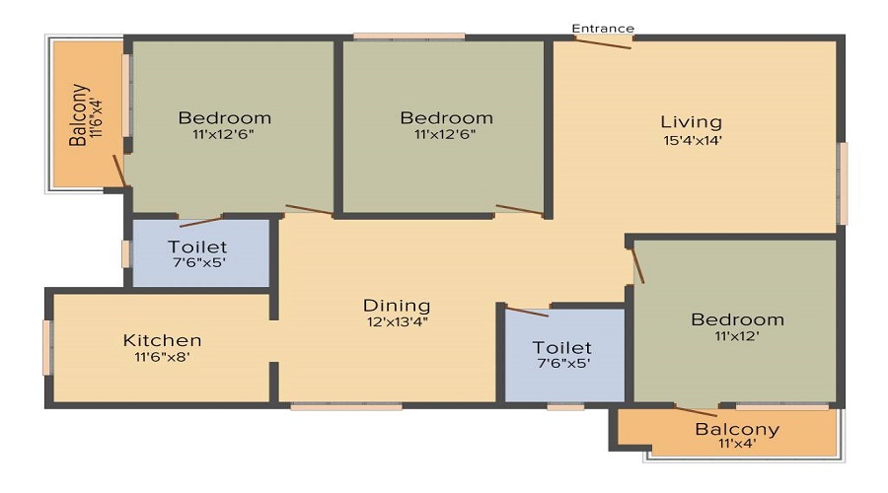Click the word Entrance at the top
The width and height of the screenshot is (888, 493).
coord(603,29)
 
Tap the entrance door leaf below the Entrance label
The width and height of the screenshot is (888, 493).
coord(603,43)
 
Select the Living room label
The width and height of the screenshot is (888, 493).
coord(691,122)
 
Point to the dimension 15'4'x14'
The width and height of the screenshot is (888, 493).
coord(693,140)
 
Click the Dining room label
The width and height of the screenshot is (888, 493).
coord(397,306)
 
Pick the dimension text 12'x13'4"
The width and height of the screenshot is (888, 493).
coord(397,322)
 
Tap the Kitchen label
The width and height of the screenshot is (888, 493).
coord(162,340)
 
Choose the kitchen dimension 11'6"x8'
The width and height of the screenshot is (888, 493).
coord(162,357)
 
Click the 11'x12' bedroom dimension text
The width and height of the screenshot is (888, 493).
coord(737,336)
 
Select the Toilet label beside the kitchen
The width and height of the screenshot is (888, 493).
coord(197,246)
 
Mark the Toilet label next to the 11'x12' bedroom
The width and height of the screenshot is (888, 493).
coord(561,347)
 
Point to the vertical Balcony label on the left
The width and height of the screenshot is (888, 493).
coord(78,115)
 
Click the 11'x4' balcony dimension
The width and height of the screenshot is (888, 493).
coord(737,443)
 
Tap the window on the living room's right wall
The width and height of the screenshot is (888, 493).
coord(843,183)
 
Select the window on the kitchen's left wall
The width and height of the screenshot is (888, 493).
coord(47,348)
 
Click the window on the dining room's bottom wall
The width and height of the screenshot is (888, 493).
coord(346,406)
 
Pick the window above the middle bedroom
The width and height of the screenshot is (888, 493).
coord(409,36)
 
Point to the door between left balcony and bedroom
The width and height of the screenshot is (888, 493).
coord(119,171)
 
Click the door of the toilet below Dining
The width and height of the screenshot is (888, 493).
coord(527,312)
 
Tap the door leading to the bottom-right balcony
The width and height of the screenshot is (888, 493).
coord(696,412)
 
